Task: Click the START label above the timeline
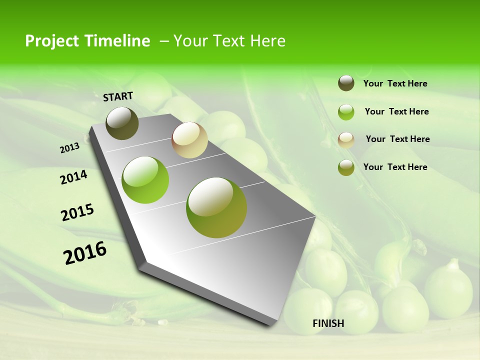click(118, 96)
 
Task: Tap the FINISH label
click(328, 323)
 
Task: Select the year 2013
click(70, 148)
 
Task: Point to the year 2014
click(73, 177)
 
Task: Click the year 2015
click(77, 212)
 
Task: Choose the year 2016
click(85, 252)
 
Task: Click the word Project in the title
click(51, 41)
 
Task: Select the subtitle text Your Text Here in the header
click(229, 41)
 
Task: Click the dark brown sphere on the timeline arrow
click(122, 123)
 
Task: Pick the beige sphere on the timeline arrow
click(189, 140)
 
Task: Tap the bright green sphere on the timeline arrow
click(145, 180)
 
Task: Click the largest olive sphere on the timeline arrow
click(216, 207)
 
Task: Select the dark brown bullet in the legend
click(346, 83)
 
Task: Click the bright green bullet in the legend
click(346, 112)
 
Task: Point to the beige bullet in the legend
click(346, 140)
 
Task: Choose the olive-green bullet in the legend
click(346, 167)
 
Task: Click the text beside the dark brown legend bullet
click(395, 83)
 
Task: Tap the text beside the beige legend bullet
click(397, 139)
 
